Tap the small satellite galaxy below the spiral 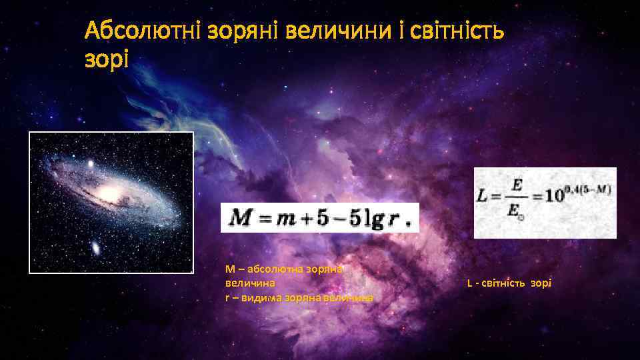(96, 249)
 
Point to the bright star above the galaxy (91, 163)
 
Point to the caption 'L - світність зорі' (509, 283)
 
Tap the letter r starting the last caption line (227, 297)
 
